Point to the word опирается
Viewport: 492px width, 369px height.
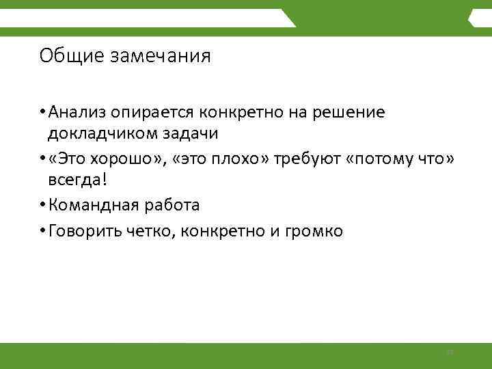pyautogui.click(x=162, y=111)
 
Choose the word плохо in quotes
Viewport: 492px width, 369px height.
pyautogui.click(x=236, y=159)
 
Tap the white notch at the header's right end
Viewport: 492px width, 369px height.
pyautogui.click(x=474, y=21)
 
